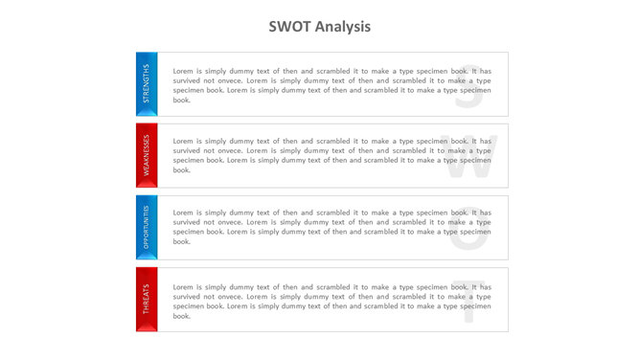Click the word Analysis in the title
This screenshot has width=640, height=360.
point(342,27)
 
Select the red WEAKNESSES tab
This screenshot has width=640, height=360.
point(146,153)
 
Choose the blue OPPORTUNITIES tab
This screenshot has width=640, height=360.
point(146,225)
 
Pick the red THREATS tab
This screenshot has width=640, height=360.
point(146,297)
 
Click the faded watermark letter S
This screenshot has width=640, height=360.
point(468,86)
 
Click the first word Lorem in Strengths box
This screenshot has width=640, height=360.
point(183,71)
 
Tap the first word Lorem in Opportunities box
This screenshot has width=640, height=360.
point(183,213)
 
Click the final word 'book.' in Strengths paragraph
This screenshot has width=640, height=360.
point(182,100)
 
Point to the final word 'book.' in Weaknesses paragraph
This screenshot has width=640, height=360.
point(182,170)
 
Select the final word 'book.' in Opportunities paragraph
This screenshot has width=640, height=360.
point(182,241)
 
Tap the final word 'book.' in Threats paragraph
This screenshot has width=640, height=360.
point(182,316)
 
